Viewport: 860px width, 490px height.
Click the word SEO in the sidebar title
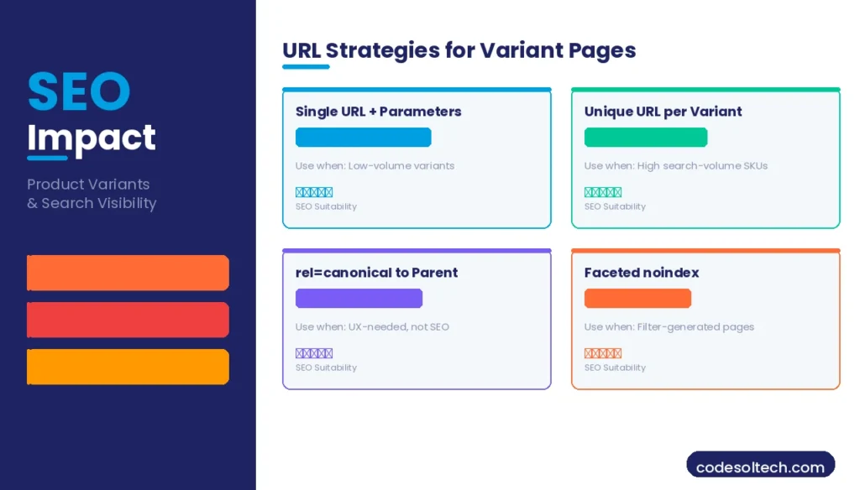[79, 92]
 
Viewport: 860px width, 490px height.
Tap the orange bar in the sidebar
[128, 273]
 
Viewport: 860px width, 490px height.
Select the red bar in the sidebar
[128, 320]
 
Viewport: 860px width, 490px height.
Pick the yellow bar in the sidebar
[128, 367]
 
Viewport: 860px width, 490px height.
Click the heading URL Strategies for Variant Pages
[459, 50]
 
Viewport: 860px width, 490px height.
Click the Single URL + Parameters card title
[378, 112]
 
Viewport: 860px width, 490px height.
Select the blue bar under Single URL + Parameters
[363, 138]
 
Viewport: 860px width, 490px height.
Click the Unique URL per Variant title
[663, 112]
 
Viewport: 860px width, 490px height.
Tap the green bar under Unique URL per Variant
[646, 138]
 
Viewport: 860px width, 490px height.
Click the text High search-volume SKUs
[702, 166]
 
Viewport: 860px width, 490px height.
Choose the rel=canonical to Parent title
[376, 273]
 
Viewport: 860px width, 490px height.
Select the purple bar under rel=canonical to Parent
[359, 299]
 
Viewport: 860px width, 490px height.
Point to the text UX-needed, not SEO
[399, 327]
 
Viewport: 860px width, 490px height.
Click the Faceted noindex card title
[641, 273]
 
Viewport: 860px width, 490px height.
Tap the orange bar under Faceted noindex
[637, 299]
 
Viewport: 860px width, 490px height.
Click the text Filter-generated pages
[695, 327]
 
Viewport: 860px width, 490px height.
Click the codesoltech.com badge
[760, 467]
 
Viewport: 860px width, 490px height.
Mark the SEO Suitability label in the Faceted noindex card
[615, 367]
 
